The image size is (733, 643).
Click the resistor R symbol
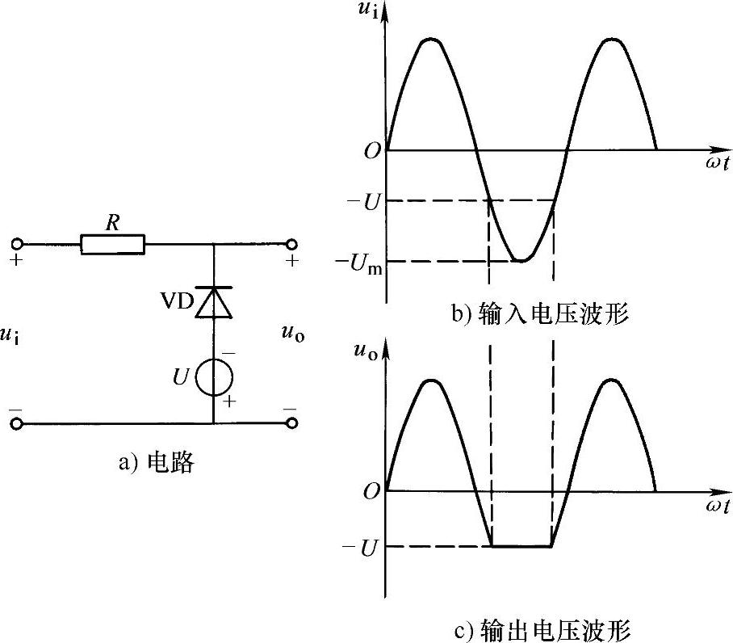(113, 243)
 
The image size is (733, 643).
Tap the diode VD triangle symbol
(214, 301)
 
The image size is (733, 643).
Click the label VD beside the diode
(176, 301)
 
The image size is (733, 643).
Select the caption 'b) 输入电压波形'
(540, 313)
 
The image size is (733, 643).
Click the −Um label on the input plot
(360, 262)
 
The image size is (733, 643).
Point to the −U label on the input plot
(362, 201)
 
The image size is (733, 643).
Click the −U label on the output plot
(362, 547)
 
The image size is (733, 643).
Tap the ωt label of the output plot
(716, 506)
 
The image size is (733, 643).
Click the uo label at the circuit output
(292, 332)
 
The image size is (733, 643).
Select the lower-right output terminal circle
(291, 422)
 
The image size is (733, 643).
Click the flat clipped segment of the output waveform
(521, 546)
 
